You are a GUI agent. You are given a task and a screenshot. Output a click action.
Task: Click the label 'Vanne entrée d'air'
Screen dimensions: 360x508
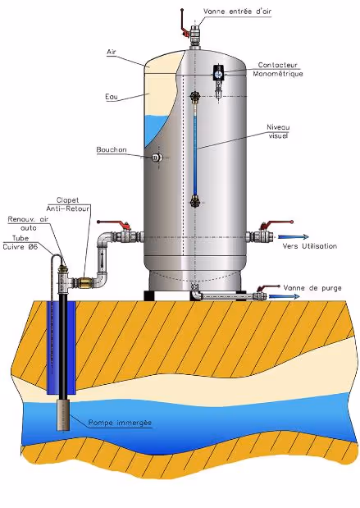(x=237, y=11)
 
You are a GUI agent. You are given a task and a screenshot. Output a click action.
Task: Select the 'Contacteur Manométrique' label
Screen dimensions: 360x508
(x=278, y=69)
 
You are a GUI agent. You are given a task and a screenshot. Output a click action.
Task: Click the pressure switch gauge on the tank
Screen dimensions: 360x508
(x=217, y=74)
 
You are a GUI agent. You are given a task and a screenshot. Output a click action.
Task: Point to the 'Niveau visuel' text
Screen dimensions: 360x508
(x=278, y=131)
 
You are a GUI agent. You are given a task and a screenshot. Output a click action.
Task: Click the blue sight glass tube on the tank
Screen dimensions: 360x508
(x=195, y=149)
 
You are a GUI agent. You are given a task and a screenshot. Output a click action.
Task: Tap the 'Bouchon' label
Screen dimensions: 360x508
(x=112, y=149)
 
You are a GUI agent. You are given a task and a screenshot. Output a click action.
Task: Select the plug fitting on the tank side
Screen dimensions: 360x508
(x=157, y=158)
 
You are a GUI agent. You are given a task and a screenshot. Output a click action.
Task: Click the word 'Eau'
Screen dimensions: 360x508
(x=112, y=97)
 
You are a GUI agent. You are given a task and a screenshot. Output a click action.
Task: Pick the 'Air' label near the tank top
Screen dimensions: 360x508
(x=111, y=52)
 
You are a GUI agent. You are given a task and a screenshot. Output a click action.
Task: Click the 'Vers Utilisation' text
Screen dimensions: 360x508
(x=309, y=246)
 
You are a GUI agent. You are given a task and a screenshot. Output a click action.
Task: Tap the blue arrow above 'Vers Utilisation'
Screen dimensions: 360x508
(x=293, y=237)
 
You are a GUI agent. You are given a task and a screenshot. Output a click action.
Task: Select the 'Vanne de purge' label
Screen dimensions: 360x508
(x=312, y=288)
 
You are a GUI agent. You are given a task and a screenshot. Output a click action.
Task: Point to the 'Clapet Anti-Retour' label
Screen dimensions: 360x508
(x=68, y=204)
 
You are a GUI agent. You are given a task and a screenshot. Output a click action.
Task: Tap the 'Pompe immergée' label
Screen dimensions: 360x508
(x=120, y=423)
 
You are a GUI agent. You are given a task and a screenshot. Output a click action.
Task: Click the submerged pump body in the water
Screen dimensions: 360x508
(x=63, y=414)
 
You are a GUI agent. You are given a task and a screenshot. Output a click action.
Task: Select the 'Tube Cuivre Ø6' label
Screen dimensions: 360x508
(x=20, y=243)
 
